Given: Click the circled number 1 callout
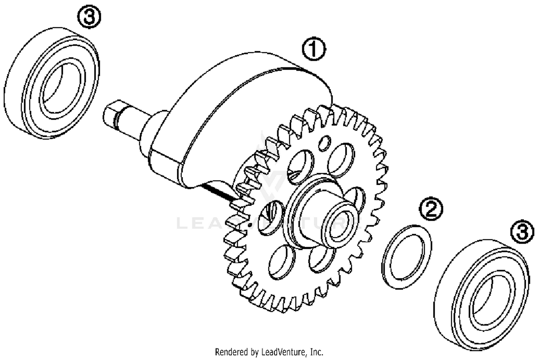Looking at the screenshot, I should pos(314,50).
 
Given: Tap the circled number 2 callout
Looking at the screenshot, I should pos(431,209).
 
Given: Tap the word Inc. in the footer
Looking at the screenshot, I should pos(317,351).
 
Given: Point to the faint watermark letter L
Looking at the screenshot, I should pos(182,223).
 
